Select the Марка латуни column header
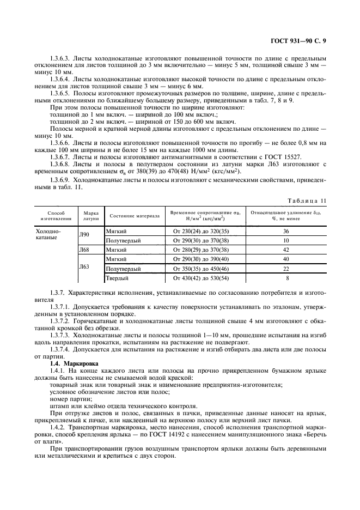click(x=90, y=216)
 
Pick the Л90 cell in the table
click(x=84, y=234)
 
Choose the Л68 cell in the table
click(x=84, y=250)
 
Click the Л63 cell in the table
click(x=84, y=266)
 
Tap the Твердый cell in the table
click(x=116, y=278)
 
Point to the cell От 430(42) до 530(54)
click(x=200, y=278)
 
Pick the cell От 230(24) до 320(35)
click(x=200, y=230)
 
